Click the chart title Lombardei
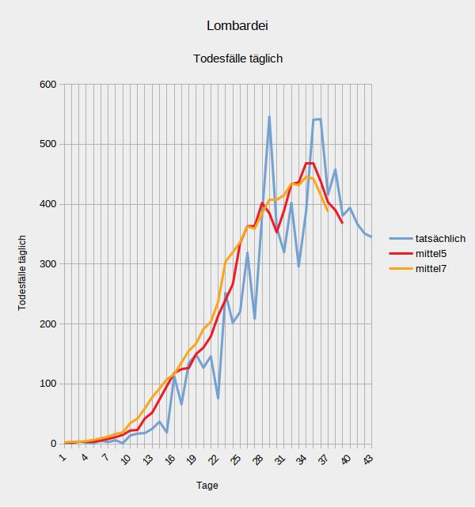tap(237, 25)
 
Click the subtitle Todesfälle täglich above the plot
tap(237, 59)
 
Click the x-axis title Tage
tap(207, 485)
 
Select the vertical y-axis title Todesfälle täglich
tap(23, 272)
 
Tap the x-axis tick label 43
tap(367, 459)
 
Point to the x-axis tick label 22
tap(214, 459)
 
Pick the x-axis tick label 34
tap(302, 459)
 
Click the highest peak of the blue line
tap(269, 117)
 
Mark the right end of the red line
tap(342, 223)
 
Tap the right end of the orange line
tap(328, 210)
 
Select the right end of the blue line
tap(371, 236)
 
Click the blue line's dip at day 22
tap(218, 398)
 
